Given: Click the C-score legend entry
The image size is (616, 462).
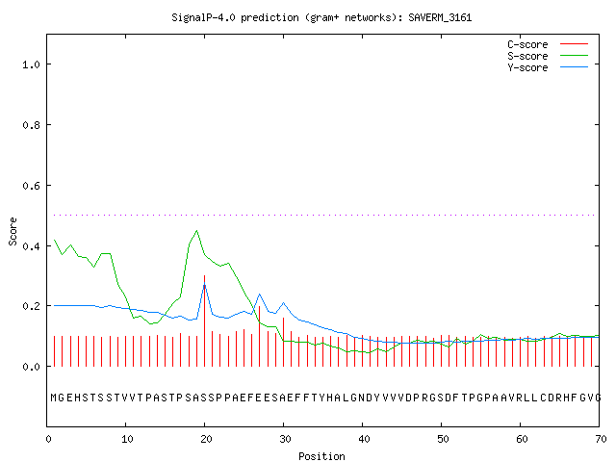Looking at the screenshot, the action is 527,44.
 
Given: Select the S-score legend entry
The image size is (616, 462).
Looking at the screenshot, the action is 527,56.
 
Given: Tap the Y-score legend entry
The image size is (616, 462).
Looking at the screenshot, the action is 527,67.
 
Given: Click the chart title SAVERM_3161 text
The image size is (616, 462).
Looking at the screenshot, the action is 440,17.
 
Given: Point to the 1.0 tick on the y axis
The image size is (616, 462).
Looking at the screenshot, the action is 31,64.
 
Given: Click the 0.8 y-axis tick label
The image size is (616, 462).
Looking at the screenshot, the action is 31,125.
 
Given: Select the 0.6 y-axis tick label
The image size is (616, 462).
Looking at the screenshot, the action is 31,186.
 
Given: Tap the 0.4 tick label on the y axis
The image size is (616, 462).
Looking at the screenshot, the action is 31,246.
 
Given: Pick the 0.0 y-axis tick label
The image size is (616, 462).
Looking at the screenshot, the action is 31,367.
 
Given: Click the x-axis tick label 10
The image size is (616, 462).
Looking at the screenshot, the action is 127,439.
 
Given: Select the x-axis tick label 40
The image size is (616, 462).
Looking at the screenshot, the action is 364,439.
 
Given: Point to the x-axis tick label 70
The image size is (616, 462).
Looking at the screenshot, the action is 601,439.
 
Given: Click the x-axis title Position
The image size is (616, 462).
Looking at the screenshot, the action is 321,456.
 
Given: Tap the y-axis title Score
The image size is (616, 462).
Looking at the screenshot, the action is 13,231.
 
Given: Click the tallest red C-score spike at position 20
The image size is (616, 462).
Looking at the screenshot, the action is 204,321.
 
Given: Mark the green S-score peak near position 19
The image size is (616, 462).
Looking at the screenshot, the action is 196,231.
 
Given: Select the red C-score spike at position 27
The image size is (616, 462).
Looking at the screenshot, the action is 259,336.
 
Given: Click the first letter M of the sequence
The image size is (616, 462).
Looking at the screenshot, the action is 54,398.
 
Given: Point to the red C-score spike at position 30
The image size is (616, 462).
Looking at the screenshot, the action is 283,343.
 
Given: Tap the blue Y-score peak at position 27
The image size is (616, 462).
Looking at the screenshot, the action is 259,295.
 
